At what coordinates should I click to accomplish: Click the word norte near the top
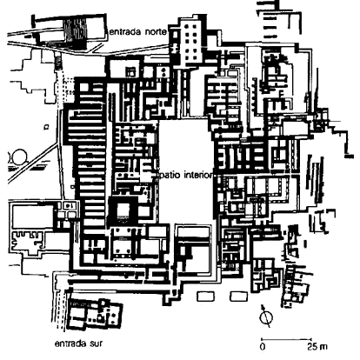[156, 31]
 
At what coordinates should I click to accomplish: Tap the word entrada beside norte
[125, 31]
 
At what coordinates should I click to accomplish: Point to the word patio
[170, 176]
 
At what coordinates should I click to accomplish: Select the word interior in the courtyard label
[198, 175]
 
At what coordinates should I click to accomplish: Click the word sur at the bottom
[95, 343]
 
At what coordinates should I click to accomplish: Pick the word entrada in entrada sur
[70, 343]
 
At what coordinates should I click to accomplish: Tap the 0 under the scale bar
[263, 347]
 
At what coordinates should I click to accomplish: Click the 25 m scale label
[317, 347]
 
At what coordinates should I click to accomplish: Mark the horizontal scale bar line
[286, 339]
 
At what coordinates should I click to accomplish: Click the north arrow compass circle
[266, 318]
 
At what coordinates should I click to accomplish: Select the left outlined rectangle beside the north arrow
[206, 297]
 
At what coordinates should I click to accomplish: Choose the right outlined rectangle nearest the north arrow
[239, 297]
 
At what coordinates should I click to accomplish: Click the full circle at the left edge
[20, 157]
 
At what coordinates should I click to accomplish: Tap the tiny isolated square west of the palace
[46, 127]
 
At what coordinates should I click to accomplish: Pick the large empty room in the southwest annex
[33, 217]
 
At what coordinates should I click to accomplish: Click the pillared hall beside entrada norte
[190, 41]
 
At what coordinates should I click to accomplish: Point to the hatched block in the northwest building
[75, 31]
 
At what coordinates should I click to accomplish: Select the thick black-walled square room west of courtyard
[123, 210]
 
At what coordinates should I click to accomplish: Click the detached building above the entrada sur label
[94, 315]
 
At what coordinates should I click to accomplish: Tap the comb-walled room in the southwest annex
[28, 242]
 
